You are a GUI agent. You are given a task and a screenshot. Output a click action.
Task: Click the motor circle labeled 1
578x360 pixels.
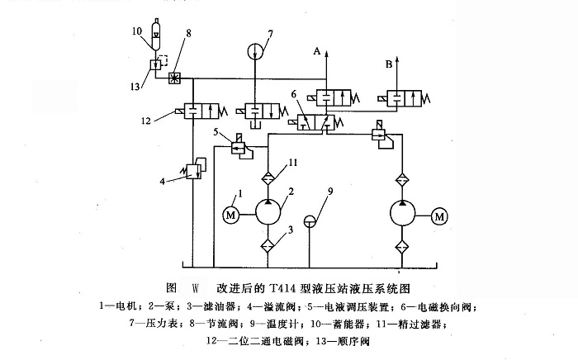tap(230, 215)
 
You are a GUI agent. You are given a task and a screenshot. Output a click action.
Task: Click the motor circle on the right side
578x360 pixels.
tap(439, 216)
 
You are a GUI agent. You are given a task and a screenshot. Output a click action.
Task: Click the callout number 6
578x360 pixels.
tap(293, 95)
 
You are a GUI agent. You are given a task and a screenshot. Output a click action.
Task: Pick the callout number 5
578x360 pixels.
tap(216, 132)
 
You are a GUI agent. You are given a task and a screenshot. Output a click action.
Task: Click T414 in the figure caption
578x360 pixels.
tap(289, 289)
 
